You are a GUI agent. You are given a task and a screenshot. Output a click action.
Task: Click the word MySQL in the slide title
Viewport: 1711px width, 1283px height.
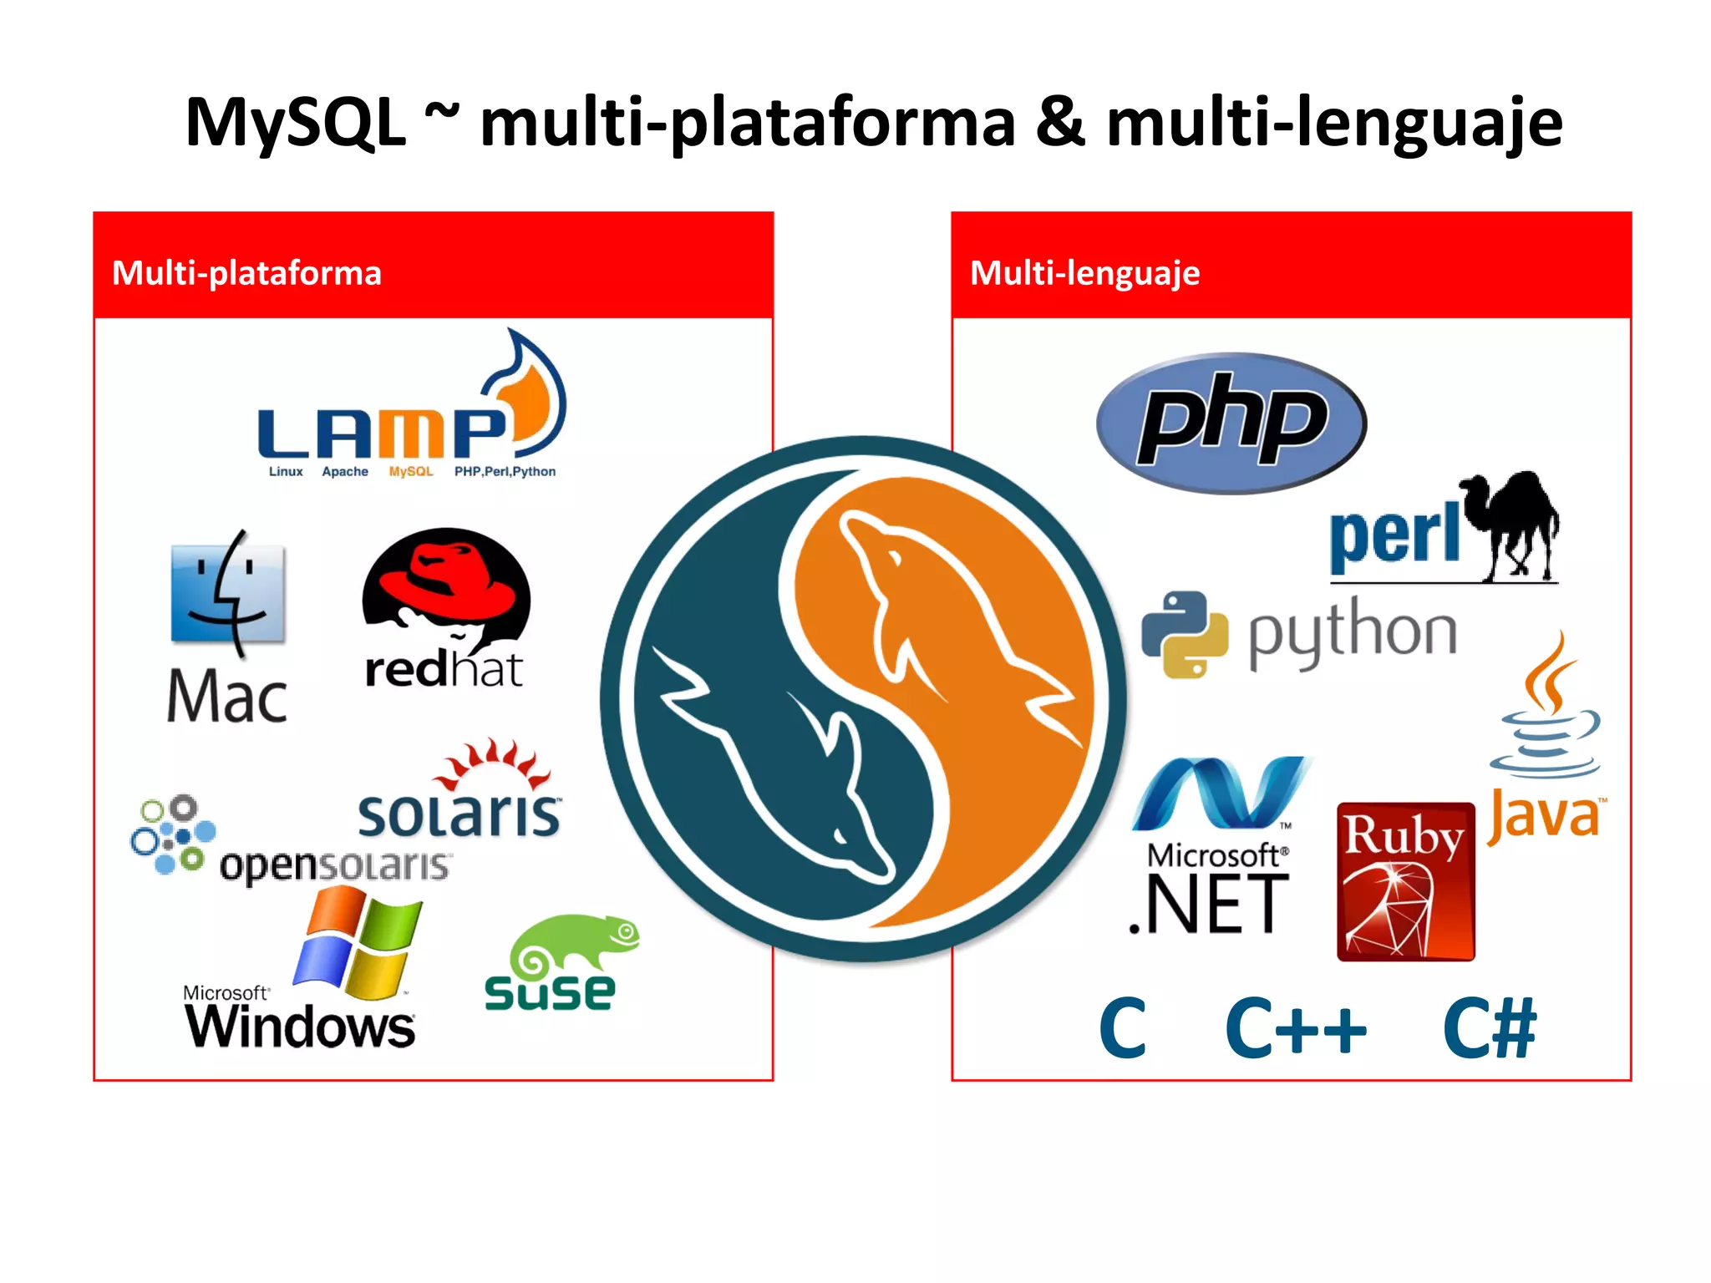(295, 124)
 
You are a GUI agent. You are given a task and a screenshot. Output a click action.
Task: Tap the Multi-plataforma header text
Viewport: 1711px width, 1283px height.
(246, 273)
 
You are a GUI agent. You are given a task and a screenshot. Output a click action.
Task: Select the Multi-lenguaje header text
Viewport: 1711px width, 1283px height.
(1084, 273)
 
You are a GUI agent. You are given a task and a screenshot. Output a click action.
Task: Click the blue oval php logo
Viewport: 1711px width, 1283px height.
(1231, 423)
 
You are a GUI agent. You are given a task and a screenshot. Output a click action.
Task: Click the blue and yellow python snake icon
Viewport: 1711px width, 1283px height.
(1184, 634)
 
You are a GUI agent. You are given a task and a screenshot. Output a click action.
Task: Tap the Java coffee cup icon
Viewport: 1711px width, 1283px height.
(1546, 710)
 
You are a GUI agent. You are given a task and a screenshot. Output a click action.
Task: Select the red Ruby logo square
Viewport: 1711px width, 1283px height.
(1405, 882)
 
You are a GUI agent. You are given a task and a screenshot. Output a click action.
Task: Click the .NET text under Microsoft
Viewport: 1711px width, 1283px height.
(1209, 905)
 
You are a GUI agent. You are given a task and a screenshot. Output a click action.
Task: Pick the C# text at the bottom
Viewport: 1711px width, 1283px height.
(1489, 1029)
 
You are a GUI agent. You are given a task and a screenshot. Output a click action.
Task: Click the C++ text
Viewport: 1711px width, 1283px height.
(1295, 1029)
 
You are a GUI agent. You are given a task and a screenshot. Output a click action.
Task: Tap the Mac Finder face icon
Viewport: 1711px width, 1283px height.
(227, 594)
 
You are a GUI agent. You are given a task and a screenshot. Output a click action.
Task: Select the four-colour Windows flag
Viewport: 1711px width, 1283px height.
(358, 944)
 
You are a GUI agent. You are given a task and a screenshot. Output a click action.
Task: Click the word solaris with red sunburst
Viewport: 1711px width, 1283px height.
(459, 814)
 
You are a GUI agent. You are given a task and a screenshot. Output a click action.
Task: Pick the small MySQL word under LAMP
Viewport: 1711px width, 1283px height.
(411, 472)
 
